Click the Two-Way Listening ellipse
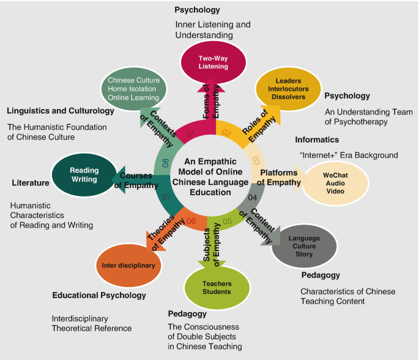[212, 62]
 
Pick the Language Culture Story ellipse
[303, 246]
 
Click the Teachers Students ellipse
[217, 287]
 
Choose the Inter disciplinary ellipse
[128, 266]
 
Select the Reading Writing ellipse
[83, 174]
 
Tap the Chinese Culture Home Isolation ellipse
[133, 89]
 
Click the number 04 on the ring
[253, 197]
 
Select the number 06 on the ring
[191, 220]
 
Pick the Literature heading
[30, 182]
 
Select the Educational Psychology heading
[99, 295]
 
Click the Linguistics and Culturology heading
[61, 111]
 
